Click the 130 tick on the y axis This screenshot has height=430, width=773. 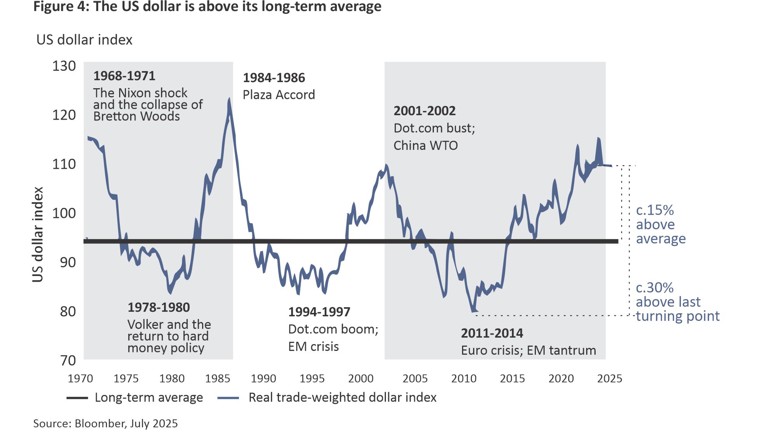(64, 66)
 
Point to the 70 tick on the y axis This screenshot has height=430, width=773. (68, 360)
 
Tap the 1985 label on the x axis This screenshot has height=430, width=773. (217, 379)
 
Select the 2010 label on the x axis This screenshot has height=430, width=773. (464, 379)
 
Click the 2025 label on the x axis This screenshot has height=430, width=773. (609, 379)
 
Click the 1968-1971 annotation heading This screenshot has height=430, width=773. (124, 76)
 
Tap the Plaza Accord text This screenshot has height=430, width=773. (279, 95)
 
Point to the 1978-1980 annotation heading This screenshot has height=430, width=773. (158, 307)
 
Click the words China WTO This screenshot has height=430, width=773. (426, 146)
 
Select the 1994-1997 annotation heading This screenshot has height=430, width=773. (319, 312)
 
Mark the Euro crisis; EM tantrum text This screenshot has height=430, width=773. (528, 350)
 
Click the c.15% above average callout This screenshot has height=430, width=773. (660, 224)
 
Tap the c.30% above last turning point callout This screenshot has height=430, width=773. (677, 302)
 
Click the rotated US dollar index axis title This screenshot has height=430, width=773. (38, 234)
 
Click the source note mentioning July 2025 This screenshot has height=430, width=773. (105, 424)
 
